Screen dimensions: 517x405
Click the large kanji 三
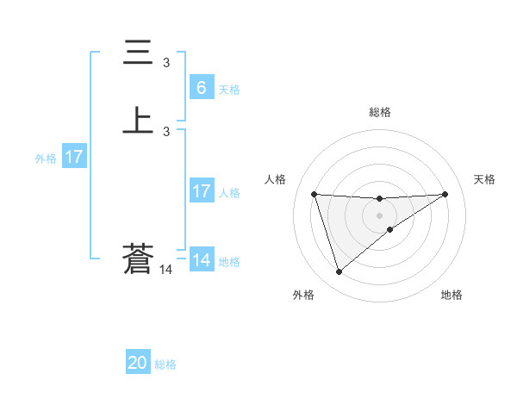[139, 53]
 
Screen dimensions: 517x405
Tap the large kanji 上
[139, 121]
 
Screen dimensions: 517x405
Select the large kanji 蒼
[139, 260]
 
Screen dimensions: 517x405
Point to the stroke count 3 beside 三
[166, 62]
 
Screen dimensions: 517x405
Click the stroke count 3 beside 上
[166, 131]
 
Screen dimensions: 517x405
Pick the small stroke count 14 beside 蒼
[166, 270]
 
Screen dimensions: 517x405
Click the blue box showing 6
[201, 88]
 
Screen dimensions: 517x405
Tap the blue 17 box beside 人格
[201, 191]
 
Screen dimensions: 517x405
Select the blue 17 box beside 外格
[74, 157]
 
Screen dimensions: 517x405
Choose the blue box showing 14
[201, 260]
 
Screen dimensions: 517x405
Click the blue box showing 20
[138, 364]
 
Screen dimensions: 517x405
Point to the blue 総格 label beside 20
[165, 364]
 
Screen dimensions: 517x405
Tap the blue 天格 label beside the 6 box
[229, 89]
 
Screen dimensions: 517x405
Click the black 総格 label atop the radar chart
[380, 112]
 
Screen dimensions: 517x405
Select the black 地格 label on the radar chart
[452, 295]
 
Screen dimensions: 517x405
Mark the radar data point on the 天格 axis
[445, 194]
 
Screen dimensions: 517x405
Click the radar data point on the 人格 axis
[315, 194]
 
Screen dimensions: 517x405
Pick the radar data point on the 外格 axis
[339, 272]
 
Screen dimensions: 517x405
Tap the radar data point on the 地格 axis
[390, 229]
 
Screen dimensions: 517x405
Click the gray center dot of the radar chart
[379, 215]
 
